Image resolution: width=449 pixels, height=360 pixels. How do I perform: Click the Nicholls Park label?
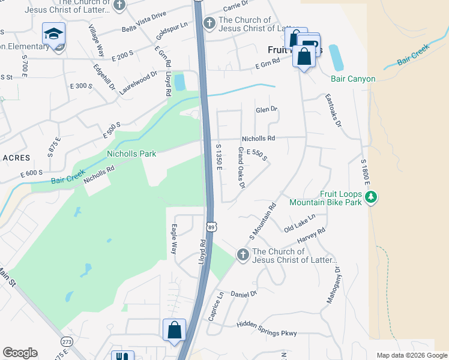pos(131,154)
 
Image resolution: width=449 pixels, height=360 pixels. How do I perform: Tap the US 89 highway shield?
pos(211,226)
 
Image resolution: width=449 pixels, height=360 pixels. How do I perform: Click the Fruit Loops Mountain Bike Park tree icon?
pos(372,196)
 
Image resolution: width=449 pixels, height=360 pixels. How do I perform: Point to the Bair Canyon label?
pos(352,79)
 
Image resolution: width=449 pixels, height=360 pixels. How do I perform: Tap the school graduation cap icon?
pos(54,34)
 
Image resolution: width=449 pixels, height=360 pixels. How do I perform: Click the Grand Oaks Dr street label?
pos(241,168)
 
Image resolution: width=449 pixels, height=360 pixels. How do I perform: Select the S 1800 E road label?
pos(364,174)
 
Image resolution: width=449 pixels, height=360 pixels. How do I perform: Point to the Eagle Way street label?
pos(173,239)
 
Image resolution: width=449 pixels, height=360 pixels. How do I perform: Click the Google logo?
pos(20,353)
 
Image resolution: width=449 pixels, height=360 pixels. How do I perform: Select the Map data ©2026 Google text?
pos(411,355)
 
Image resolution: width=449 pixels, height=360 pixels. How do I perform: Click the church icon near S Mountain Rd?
pos(243,255)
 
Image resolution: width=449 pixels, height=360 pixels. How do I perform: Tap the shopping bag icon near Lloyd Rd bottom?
pos(174,330)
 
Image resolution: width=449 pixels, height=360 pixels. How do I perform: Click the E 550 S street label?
pos(256,155)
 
